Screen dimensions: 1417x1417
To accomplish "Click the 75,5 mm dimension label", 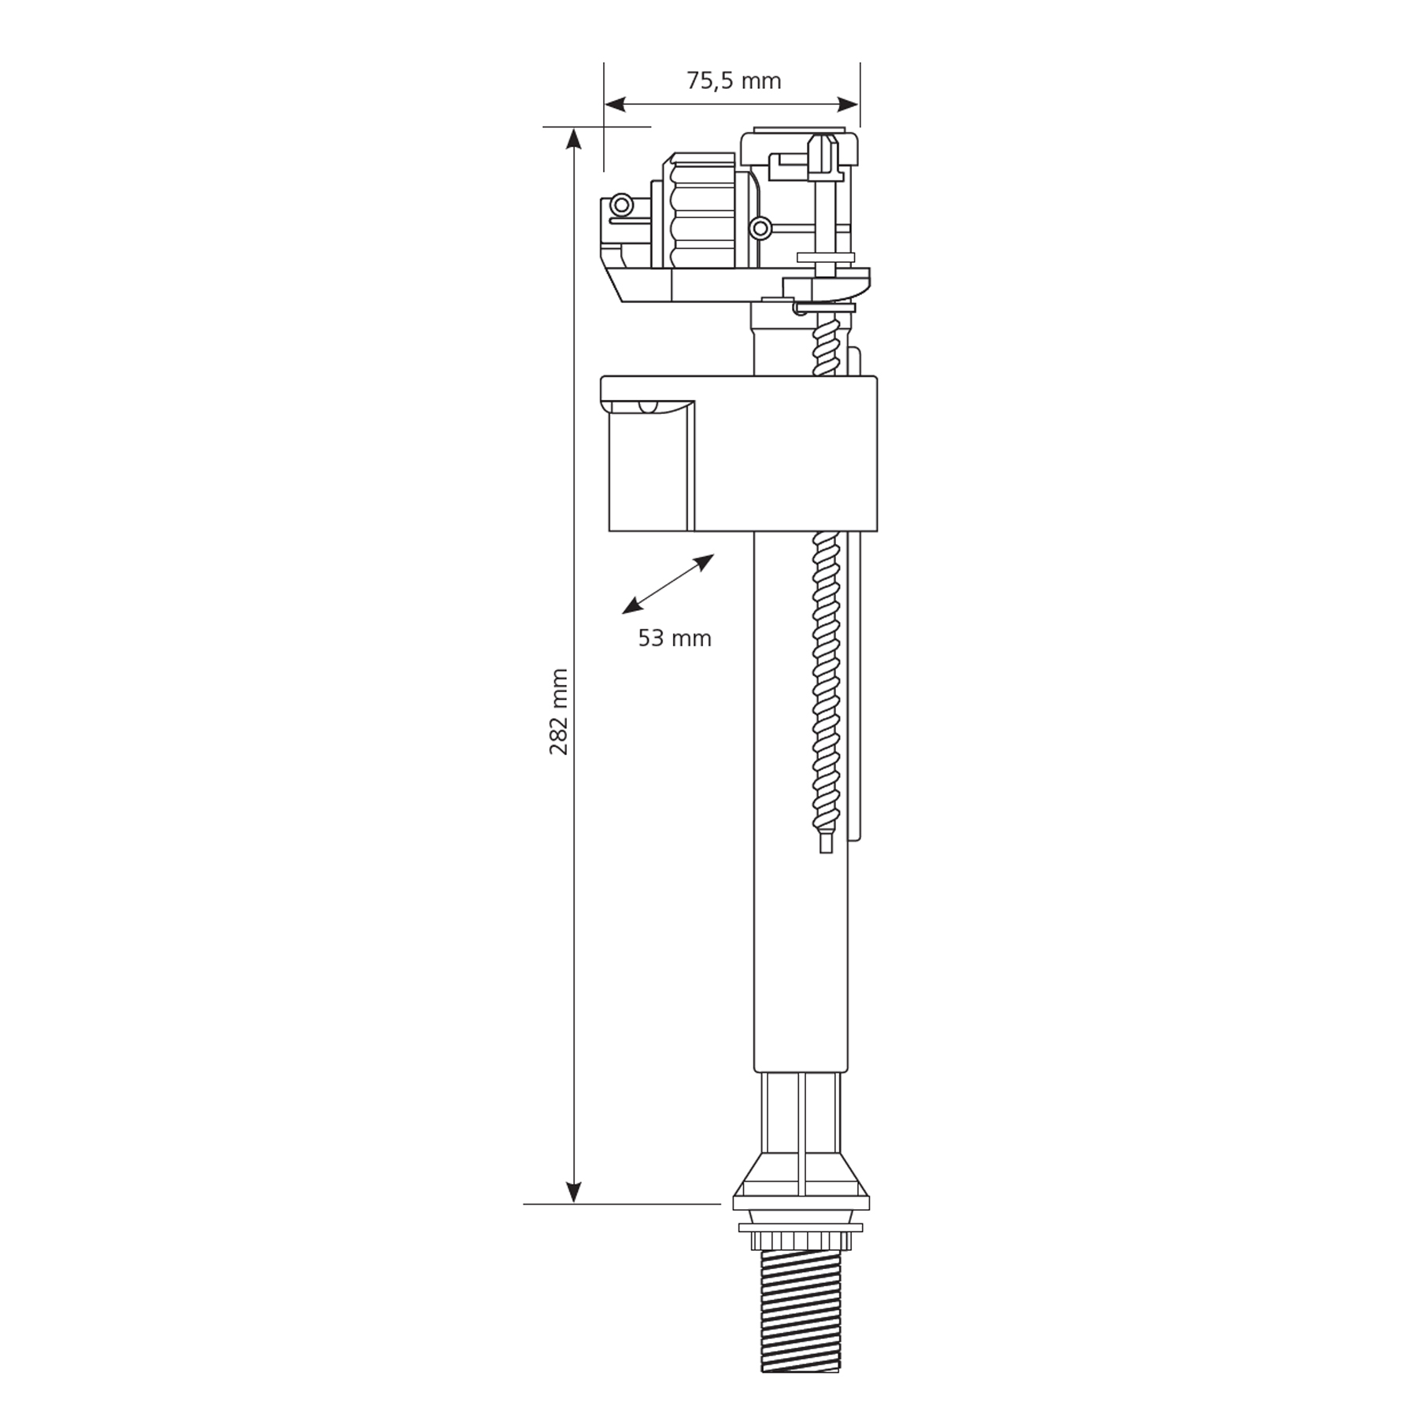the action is (x=734, y=81).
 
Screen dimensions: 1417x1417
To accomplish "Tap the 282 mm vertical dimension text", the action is (x=559, y=712).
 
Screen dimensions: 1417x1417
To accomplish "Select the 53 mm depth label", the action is (x=675, y=638).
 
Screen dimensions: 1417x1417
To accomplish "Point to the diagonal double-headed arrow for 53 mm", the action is (x=668, y=584).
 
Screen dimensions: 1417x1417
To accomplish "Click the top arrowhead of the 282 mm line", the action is (x=574, y=139).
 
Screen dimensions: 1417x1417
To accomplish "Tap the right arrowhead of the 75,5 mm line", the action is (x=848, y=104).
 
